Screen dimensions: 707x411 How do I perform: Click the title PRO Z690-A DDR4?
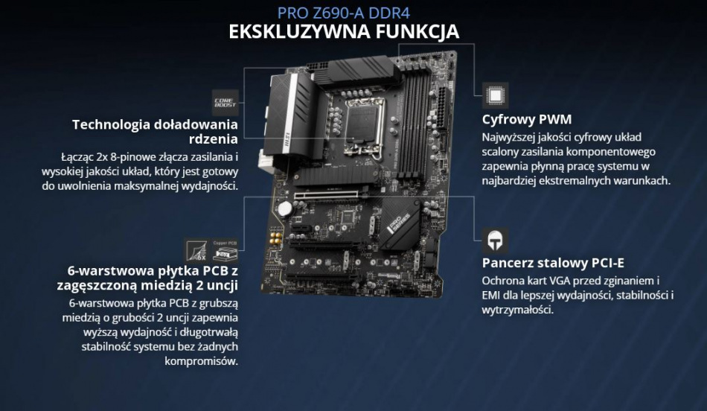pyautogui.click(x=343, y=13)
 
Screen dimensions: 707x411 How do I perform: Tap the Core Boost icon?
pyautogui.click(x=225, y=103)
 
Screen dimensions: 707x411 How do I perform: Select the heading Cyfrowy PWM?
pyautogui.click(x=527, y=120)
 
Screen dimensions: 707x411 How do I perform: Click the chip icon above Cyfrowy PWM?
pyautogui.click(x=495, y=95)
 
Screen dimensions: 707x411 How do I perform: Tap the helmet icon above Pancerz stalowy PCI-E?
pyautogui.click(x=495, y=240)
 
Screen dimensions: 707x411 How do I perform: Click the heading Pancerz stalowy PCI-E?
pyautogui.click(x=553, y=263)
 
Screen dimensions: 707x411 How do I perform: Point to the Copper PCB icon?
pyautogui.click(x=225, y=250)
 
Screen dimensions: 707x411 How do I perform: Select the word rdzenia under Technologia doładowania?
pyautogui.click(x=214, y=139)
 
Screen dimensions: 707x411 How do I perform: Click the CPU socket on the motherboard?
pyautogui.click(x=365, y=123)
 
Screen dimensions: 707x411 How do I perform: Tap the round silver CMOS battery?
pyautogui.click(x=285, y=208)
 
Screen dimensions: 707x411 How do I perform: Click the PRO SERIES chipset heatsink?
pyautogui.click(x=400, y=224)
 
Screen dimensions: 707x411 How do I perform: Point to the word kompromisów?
pyautogui.click(x=201, y=361)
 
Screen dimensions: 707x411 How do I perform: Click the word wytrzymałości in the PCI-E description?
pyautogui.click(x=518, y=310)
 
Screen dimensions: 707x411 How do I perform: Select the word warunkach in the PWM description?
pyautogui.click(x=641, y=181)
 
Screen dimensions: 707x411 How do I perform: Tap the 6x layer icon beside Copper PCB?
pyautogui.click(x=197, y=250)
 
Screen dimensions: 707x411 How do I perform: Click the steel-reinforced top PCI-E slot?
pyautogui.click(x=326, y=195)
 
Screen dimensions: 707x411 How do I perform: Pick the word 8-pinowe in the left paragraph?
pyautogui.click(x=134, y=157)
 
